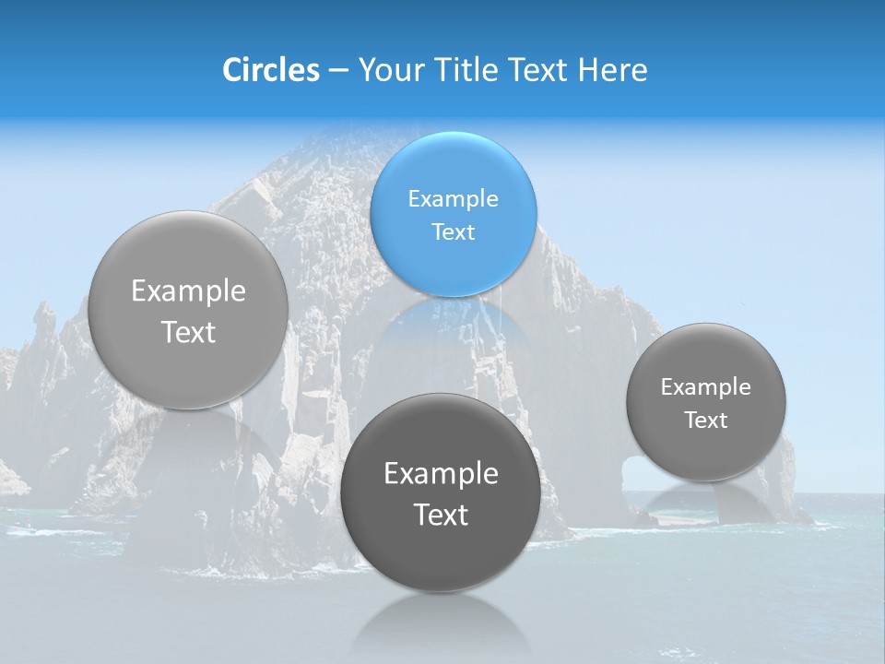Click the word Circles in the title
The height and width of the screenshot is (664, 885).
pos(270,70)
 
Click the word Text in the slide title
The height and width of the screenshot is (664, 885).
pos(537,70)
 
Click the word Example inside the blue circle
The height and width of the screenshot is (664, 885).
pos(453,199)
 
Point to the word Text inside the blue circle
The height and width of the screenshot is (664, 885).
pos(453,232)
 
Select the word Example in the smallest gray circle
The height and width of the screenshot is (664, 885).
pos(706,387)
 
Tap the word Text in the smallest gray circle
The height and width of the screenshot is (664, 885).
pos(706,421)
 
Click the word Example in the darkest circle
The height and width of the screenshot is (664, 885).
pos(441,474)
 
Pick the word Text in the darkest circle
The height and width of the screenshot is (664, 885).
pos(441,515)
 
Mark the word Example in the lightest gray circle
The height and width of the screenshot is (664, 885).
pos(188,291)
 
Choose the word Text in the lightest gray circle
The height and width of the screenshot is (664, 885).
pos(188,332)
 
